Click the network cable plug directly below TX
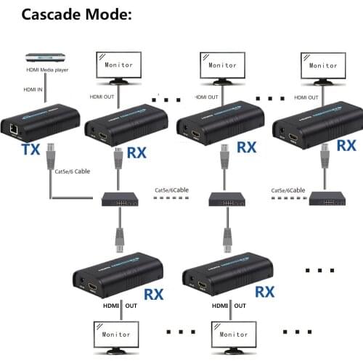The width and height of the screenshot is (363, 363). (x=51, y=156)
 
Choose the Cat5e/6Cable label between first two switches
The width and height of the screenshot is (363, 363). (x=172, y=191)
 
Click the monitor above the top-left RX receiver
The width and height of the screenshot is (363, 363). (x=120, y=65)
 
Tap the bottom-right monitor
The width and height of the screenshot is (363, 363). (x=234, y=336)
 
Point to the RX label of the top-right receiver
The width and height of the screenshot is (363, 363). (x=346, y=145)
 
